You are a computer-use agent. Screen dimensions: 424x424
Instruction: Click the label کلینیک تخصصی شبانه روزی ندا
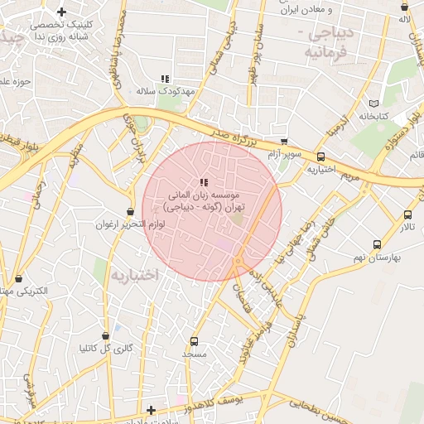[x=62, y=31]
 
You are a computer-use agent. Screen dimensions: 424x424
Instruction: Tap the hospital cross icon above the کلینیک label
[x=61, y=12]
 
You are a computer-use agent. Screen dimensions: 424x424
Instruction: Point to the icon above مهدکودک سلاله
[x=165, y=79]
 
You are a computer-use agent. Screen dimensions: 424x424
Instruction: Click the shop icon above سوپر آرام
[x=284, y=142]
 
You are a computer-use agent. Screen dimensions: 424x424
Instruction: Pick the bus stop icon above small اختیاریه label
[x=320, y=157]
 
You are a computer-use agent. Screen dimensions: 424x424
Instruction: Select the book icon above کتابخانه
[x=374, y=104]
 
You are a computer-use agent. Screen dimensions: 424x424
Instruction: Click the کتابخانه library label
[x=375, y=117]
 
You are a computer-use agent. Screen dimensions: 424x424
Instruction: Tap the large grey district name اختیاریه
[x=134, y=274]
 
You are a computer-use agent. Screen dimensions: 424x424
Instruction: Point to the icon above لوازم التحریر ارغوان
[x=130, y=212]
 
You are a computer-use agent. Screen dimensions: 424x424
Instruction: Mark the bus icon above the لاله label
[x=405, y=7]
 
